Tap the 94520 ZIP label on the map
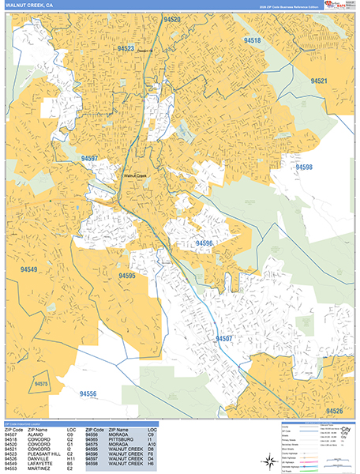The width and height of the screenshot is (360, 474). pyautogui.click(x=171, y=18)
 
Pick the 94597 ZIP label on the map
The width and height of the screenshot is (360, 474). pyautogui.click(x=89, y=159)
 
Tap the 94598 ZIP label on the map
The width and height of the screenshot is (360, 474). pyautogui.click(x=304, y=167)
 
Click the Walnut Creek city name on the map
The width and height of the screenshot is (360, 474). pyautogui.click(x=135, y=175)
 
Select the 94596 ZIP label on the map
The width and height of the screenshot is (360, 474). pyautogui.click(x=204, y=243)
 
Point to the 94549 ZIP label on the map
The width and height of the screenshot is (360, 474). pyautogui.click(x=29, y=270)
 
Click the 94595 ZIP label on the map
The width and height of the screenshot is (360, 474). pyautogui.click(x=128, y=276)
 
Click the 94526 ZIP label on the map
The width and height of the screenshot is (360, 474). pyautogui.click(x=334, y=411)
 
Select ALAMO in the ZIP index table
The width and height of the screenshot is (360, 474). pyautogui.click(x=37, y=434)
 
